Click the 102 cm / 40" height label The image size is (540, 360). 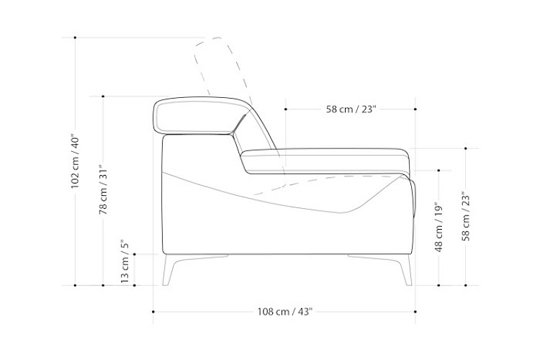pos(75,161)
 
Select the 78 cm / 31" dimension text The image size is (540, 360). pos(103,190)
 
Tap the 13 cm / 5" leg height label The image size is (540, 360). pos(125,261)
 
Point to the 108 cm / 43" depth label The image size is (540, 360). pos(285,312)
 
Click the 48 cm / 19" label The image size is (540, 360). pos(438,228)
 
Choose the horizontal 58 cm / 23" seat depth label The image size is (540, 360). pos(351,109)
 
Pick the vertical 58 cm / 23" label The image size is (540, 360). pos(466,216)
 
